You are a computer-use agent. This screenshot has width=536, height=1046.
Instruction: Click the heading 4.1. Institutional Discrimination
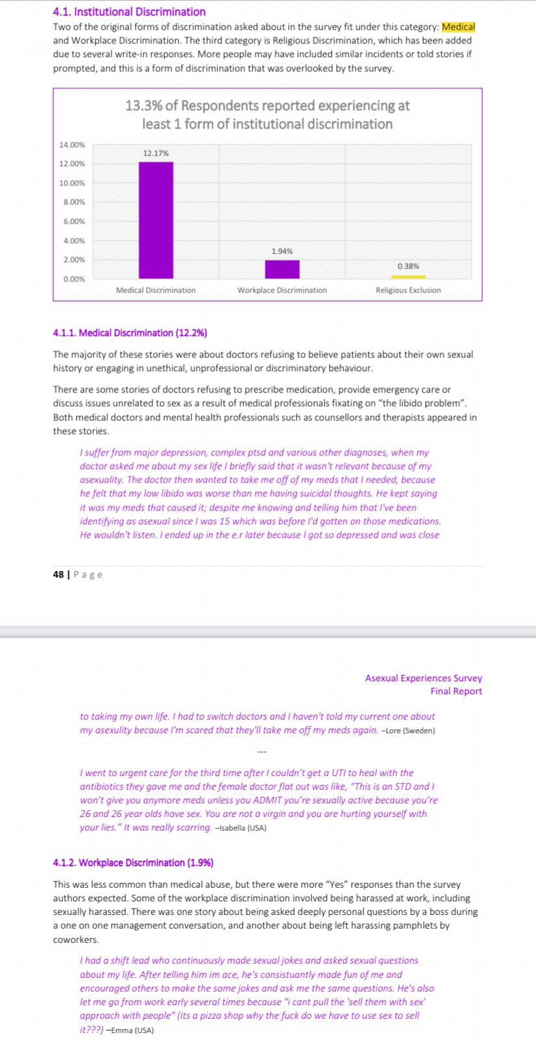click(129, 12)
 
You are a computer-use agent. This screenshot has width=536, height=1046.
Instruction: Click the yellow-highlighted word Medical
click(458, 27)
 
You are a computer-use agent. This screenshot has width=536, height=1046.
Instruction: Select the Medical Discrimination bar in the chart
click(156, 220)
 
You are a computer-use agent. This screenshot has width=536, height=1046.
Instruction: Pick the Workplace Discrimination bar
click(282, 269)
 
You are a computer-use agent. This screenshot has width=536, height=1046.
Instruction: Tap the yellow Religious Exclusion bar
click(408, 277)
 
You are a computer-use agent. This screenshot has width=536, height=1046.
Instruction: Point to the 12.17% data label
click(156, 153)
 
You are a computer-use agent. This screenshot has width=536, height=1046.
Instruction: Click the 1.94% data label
click(282, 251)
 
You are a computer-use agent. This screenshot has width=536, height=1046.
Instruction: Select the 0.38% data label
click(408, 266)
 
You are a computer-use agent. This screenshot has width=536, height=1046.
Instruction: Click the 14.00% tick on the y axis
click(72, 145)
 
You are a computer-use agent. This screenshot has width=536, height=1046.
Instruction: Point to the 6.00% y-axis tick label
click(74, 221)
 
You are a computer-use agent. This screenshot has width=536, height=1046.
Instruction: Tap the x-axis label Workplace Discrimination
click(282, 290)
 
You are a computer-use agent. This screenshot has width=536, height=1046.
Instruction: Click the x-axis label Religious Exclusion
click(408, 290)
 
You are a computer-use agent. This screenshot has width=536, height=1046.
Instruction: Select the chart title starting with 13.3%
click(267, 114)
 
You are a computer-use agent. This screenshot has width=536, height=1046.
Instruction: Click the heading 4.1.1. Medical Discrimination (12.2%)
click(130, 333)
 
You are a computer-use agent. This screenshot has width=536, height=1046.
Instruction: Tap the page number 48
click(58, 574)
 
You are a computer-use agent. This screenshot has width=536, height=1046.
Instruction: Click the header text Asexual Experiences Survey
click(423, 678)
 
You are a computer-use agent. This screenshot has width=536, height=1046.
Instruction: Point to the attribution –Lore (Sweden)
click(408, 731)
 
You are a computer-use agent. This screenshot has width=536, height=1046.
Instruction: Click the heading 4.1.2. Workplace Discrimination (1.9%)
click(133, 862)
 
